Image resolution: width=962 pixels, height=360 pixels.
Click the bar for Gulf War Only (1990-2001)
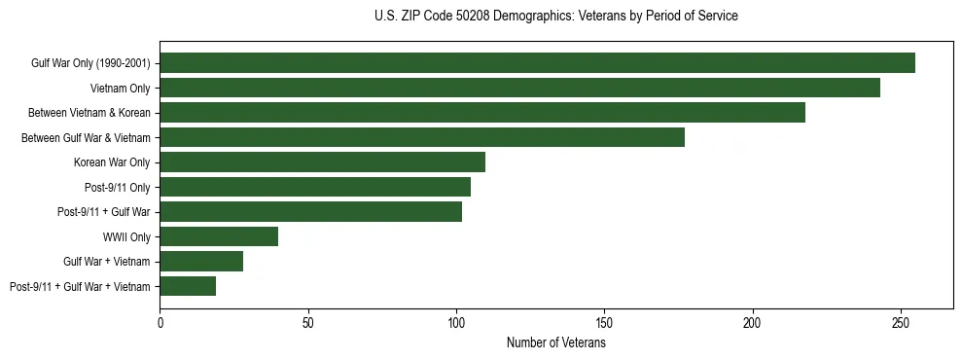[537, 63]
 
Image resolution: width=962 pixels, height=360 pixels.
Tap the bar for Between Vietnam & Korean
[482, 113]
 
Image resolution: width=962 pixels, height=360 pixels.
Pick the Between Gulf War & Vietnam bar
[422, 137]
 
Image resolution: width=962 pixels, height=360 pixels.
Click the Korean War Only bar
[322, 162]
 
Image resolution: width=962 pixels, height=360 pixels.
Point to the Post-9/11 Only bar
[315, 187]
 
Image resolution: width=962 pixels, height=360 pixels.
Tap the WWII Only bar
[219, 236]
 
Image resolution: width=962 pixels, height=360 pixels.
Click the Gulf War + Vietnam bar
[201, 261]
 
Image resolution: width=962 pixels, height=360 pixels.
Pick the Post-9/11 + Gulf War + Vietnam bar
[188, 286]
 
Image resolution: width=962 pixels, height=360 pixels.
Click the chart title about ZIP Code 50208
[555, 17]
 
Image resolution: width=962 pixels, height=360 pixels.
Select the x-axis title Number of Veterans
[555, 343]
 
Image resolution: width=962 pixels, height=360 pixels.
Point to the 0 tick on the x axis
[160, 321]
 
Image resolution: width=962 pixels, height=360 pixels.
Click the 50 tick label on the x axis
[308, 321]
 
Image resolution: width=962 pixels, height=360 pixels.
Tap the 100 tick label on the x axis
[456, 321]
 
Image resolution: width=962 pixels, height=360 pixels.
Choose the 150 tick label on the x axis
[604, 321]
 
